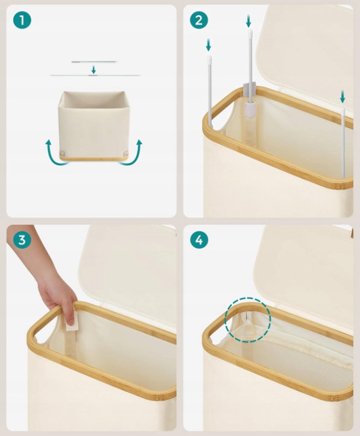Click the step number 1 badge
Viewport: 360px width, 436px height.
(x=22, y=20)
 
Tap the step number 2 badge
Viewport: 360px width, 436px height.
(x=199, y=20)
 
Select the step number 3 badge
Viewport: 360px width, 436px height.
(x=22, y=239)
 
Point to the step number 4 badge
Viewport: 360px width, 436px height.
(x=199, y=239)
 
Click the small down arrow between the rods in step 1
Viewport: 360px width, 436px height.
(x=93, y=69)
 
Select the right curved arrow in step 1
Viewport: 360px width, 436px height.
(x=133, y=154)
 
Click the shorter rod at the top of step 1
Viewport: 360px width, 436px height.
(x=95, y=62)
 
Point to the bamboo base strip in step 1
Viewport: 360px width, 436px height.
(x=93, y=159)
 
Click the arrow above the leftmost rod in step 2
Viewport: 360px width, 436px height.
(x=208, y=45)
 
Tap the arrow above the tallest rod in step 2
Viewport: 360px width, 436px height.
(x=248, y=21)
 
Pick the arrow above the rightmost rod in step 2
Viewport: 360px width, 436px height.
(x=343, y=97)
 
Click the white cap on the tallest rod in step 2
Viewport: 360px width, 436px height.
(x=250, y=33)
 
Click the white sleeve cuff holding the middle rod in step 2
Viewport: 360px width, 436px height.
(x=250, y=108)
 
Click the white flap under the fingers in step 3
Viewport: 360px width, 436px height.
(x=72, y=321)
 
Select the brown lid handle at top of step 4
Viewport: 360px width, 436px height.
(x=352, y=232)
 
